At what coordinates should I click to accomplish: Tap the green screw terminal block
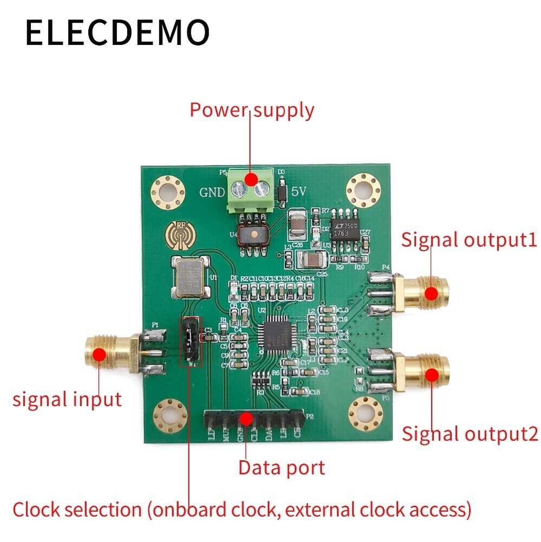click(250, 189)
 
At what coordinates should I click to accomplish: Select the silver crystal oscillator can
click(189, 278)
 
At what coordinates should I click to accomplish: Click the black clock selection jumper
click(190, 341)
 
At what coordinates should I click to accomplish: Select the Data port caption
click(282, 467)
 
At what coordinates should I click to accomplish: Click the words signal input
click(67, 399)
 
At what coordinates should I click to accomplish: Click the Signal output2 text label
click(470, 434)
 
